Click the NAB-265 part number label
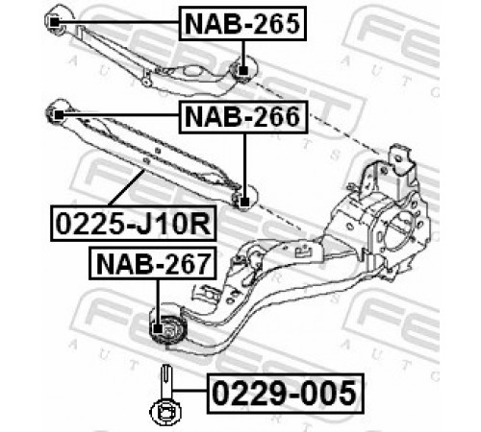click(x=242, y=24)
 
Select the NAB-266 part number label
click(x=243, y=117)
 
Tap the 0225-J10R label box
click(x=134, y=224)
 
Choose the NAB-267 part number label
click(x=153, y=264)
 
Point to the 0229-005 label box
click(x=285, y=393)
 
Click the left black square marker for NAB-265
click(x=55, y=22)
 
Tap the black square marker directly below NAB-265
click(x=243, y=70)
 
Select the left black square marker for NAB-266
click(x=59, y=114)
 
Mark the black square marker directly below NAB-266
click(x=244, y=203)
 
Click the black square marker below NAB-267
click(x=158, y=329)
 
